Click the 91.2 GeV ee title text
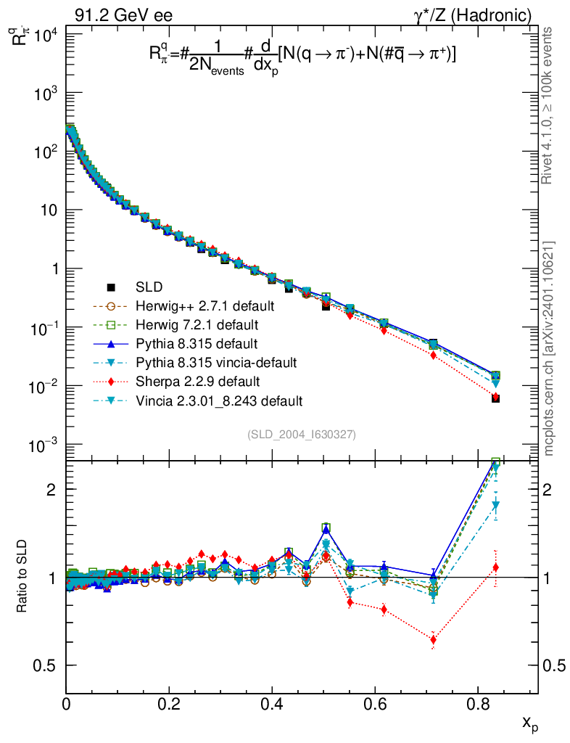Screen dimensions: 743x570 coord(123,15)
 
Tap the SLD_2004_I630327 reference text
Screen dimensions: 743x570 coord(301,434)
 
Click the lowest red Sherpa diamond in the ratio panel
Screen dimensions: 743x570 coord(433,640)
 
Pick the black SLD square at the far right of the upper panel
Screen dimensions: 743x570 coord(495,398)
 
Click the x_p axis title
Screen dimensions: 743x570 coord(530,723)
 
